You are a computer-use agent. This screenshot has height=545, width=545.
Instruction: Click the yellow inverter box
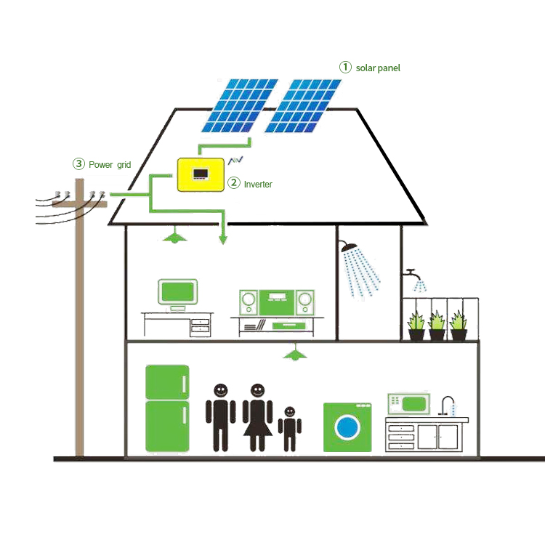point(200,175)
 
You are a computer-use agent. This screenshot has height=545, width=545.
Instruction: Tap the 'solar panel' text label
point(378,68)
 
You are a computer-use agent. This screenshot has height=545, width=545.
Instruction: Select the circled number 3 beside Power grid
point(78,164)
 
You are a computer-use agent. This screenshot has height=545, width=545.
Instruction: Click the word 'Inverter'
point(258,185)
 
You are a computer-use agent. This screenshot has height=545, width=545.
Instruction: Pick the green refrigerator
point(167,408)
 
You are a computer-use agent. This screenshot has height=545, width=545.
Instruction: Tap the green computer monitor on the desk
point(178,292)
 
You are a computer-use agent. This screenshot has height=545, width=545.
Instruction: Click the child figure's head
point(290,412)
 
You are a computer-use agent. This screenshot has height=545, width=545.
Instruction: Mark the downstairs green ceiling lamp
point(294,354)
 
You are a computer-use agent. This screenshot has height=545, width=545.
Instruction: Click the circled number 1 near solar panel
point(345,68)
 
